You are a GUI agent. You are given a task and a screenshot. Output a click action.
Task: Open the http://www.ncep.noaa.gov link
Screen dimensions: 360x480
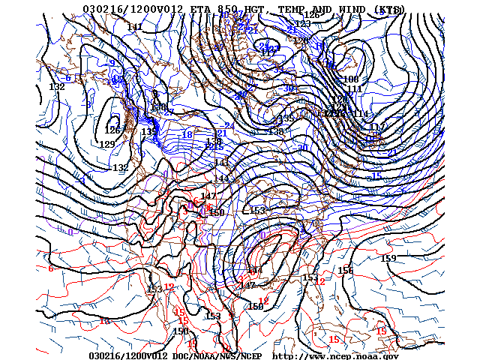pos(335,355)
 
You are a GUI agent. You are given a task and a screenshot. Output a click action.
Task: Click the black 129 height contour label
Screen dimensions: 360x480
pos(107,145)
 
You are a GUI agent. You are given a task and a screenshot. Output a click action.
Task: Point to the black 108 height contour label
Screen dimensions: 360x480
pos(351,79)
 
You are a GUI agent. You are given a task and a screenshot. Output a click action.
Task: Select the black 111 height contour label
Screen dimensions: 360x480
pos(355,89)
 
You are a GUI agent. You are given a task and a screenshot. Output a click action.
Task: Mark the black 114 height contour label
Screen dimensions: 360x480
pos(361,114)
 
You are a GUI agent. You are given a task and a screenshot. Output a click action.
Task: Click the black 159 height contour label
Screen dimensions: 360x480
pos(388,259)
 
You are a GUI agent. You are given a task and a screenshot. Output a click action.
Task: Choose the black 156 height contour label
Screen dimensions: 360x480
pos(345,271)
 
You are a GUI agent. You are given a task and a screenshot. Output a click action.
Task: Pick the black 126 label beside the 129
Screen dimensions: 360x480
pos(112,130)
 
